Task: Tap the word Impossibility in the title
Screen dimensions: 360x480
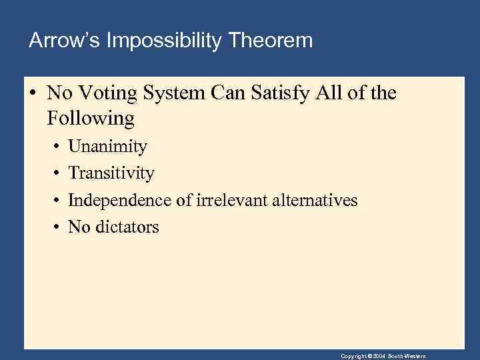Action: [x=157, y=41]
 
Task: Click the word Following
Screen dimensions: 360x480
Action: [x=91, y=119]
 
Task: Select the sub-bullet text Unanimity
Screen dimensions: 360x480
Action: [x=107, y=147]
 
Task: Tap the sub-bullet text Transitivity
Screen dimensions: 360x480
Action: [x=111, y=173]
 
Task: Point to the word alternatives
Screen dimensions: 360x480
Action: [x=315, y=200]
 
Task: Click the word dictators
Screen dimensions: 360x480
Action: [x=127, y=227]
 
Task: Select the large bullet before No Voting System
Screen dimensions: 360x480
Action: [x=33, y=94]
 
